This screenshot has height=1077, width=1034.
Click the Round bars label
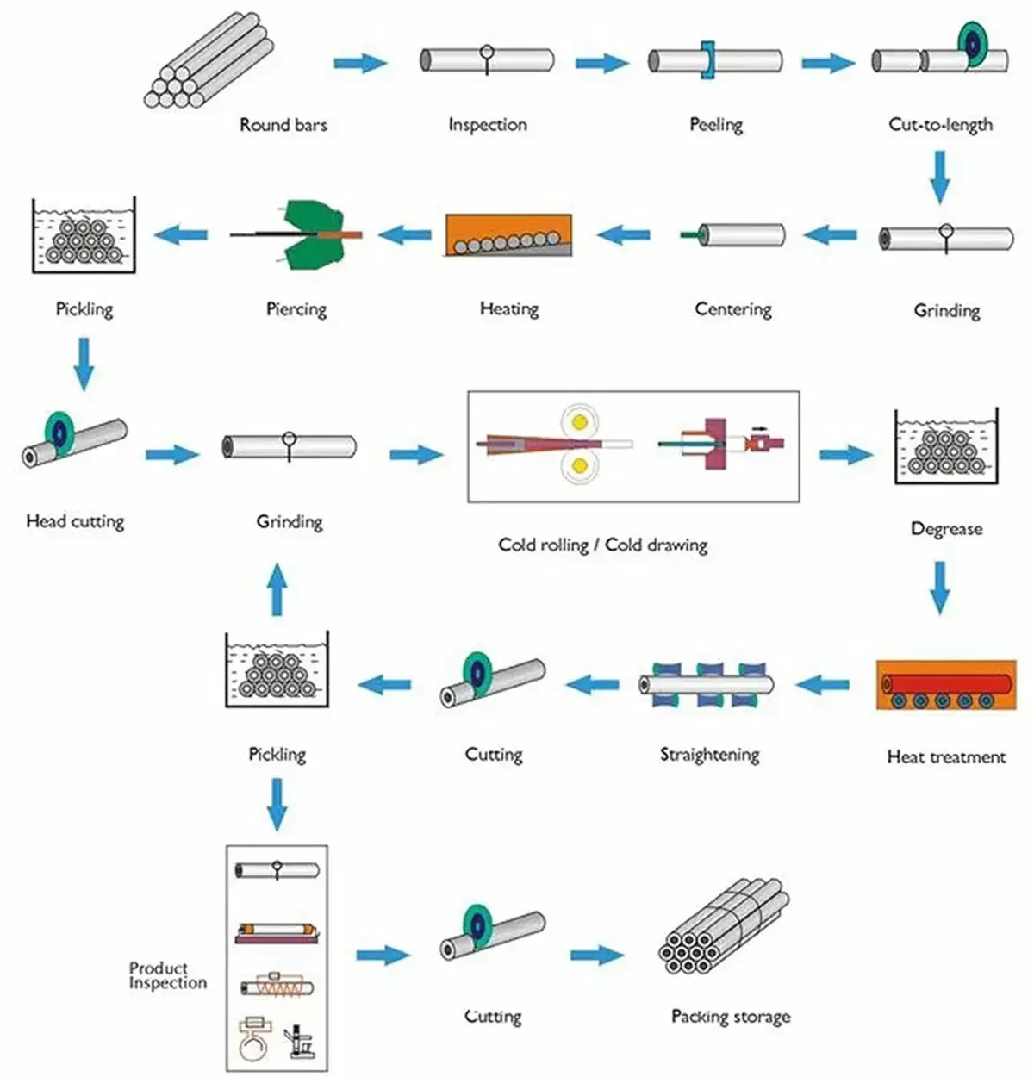click(x=283, y=125)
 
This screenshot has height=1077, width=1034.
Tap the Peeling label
click(x=716, y=125)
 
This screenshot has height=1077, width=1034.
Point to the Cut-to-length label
click(x=940, y=125)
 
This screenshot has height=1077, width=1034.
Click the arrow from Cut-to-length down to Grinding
click(x=940, y=177)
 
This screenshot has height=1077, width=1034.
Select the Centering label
click(x=733, y=309)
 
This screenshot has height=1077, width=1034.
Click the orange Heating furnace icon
click(x=508, y=234)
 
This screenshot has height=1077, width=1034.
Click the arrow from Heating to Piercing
click(x=405, y=233)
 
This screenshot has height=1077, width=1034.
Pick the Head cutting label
click(x=75, y=521)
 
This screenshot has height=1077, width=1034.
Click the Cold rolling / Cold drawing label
click(x=602, y=545)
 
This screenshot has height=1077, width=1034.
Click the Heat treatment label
click(x=946, y=757)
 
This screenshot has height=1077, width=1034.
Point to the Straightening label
click(x=709, y=755)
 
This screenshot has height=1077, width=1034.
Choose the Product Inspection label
click(x=168, y=975)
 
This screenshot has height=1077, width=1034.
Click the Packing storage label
click(x=731, y=1017)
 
